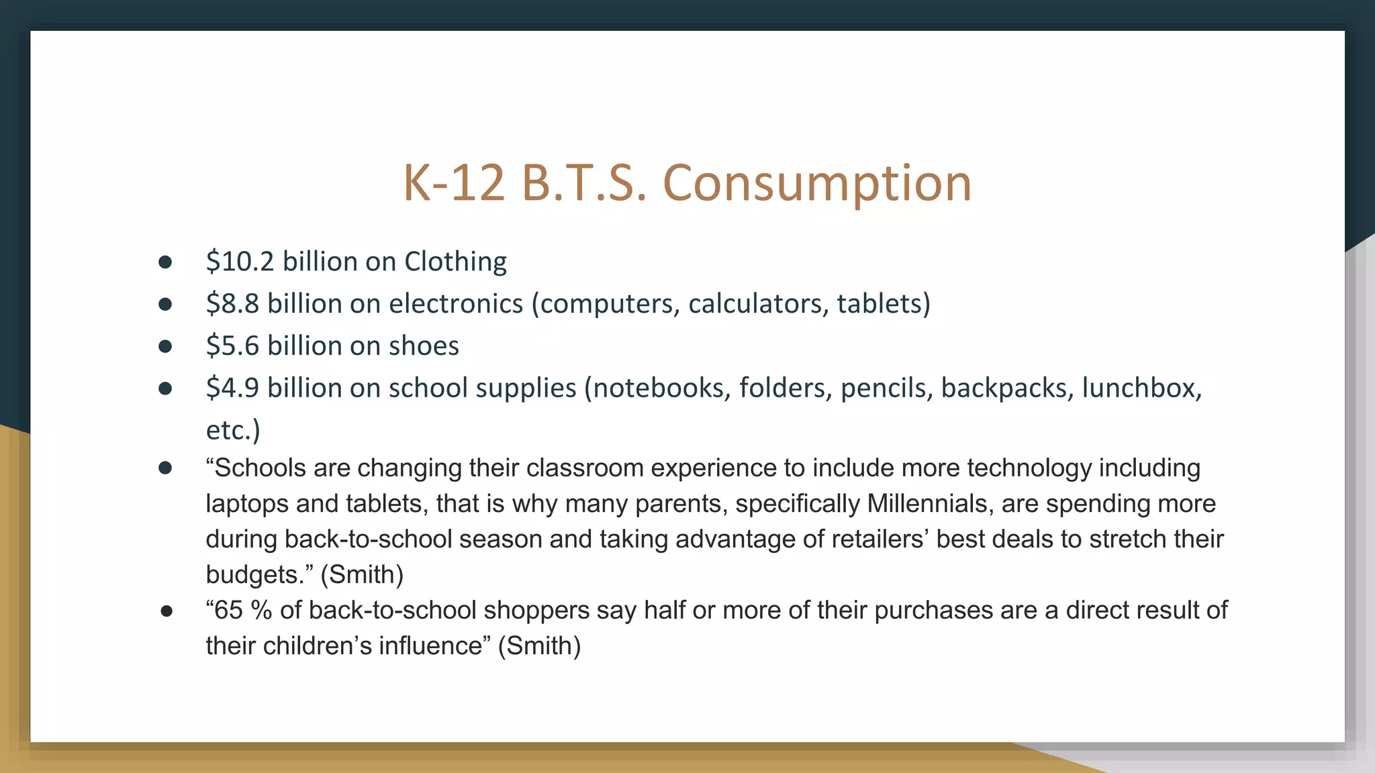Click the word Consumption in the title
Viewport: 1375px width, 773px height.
[816, 183]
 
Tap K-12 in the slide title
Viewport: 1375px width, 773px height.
[453, 183]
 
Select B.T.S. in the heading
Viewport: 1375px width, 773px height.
[584, 183]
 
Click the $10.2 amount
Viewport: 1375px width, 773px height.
[240, 262]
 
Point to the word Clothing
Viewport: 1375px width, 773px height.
[455, 262]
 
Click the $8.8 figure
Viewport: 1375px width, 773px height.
[232, 304]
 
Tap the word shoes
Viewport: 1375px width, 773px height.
[424, 346]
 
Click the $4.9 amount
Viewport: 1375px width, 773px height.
[232, 389]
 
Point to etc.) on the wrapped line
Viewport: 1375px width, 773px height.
[232, 431]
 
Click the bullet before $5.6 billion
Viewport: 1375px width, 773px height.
[165, 346]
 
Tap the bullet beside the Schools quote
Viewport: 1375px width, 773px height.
[165, 468]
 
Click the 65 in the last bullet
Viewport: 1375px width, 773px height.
[228, 611]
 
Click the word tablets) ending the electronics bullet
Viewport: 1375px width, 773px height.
[884, 304]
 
